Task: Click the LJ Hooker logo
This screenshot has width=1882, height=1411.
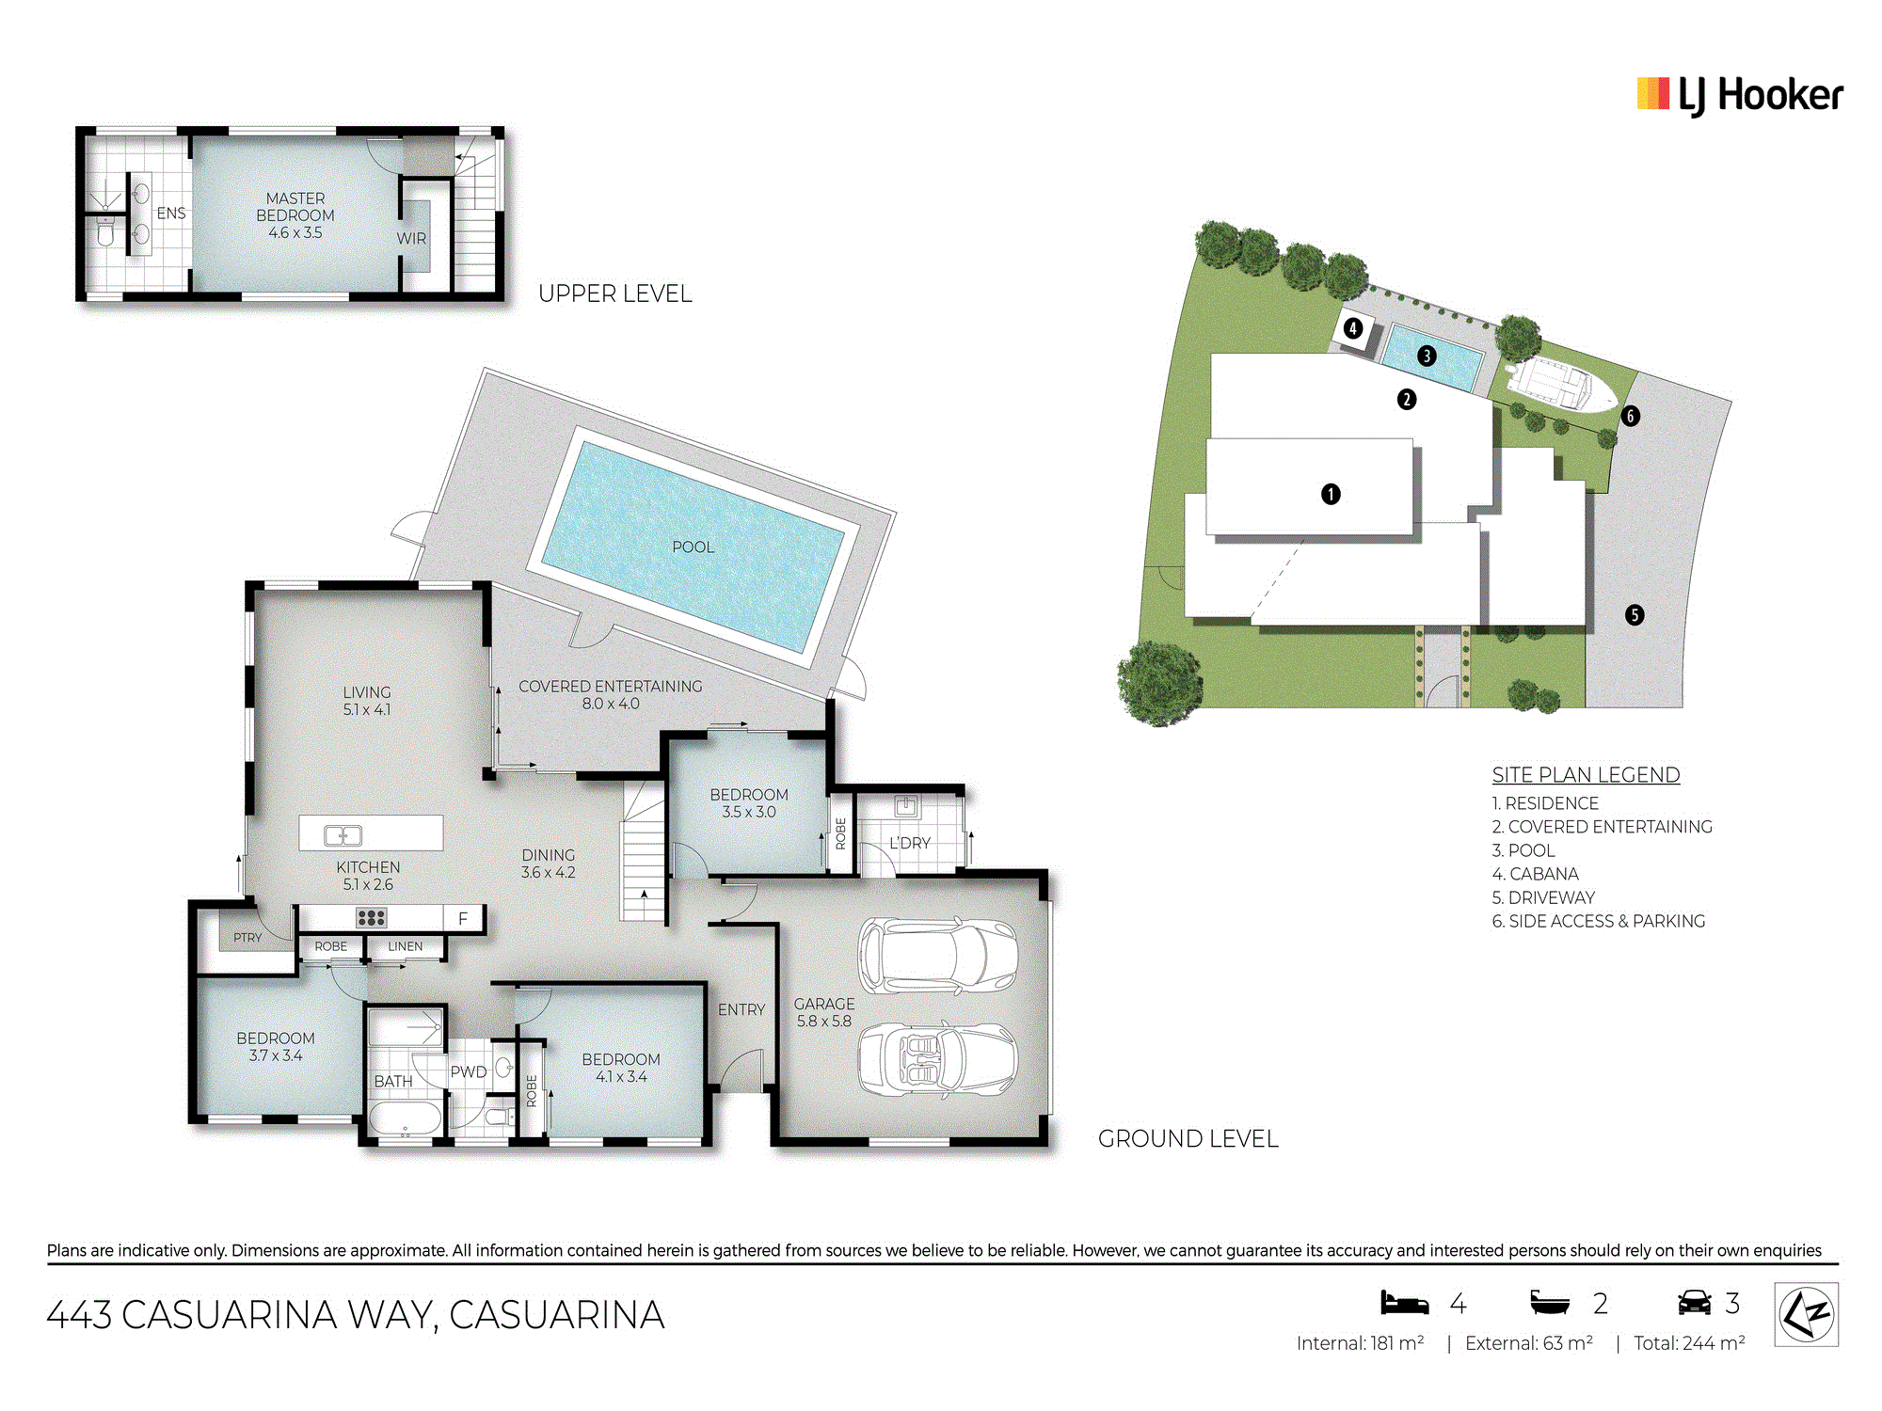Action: (x=1740, y=96)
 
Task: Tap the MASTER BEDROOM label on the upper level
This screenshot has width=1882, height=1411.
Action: (x=295, y=207)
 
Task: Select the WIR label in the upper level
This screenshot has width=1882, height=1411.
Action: (x=411, y=239)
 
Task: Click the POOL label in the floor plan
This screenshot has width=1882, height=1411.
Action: (x=693, y=547)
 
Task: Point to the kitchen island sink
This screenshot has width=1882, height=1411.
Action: (x=343, y=835)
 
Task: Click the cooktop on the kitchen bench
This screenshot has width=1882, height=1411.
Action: (x=371, y=917)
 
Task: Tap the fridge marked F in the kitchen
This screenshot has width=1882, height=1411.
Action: (x=463, y=918)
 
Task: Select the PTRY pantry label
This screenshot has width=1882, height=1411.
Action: (x=247, y=938)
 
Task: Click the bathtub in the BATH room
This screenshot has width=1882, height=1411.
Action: (x=404, y=1120)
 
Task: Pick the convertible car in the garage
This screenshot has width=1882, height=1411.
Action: (x=937, y=1060)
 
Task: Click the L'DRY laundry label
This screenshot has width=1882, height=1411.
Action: (x=910, y=843)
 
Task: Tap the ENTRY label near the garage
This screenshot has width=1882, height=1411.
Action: (x=742, y=1009)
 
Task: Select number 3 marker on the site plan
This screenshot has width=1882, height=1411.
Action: (x=1427, y=356)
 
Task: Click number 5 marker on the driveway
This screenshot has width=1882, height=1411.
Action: (x=1635, y=615)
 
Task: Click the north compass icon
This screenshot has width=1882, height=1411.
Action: (x=1807, y=1314)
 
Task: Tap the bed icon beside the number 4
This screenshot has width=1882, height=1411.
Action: (x=1404, y=1303)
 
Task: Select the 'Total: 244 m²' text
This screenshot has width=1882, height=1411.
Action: (x=1689, y=1343)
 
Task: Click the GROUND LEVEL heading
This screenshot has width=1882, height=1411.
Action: (x=1188, y=1139)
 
